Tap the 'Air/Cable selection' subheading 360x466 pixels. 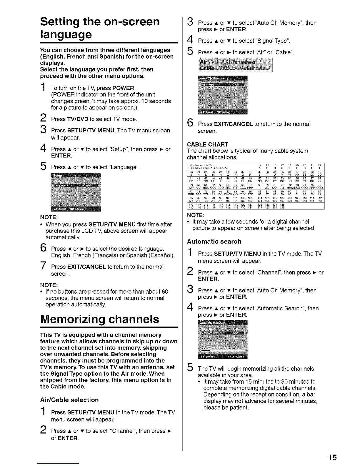click(x=69, y=400)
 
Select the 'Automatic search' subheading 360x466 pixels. click(x=214, y=242)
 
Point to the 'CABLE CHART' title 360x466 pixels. click(x=207, y=144)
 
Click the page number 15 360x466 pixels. click(x=333, y=457)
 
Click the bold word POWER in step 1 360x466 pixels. click(x=123, y=88)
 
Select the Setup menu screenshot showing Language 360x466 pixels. click(x=76, y=192)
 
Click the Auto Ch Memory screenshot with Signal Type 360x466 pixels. click(x=222, y=95)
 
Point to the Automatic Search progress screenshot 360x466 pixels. click(x=222, y=340)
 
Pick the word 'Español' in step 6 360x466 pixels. click(x=162, y=255)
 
